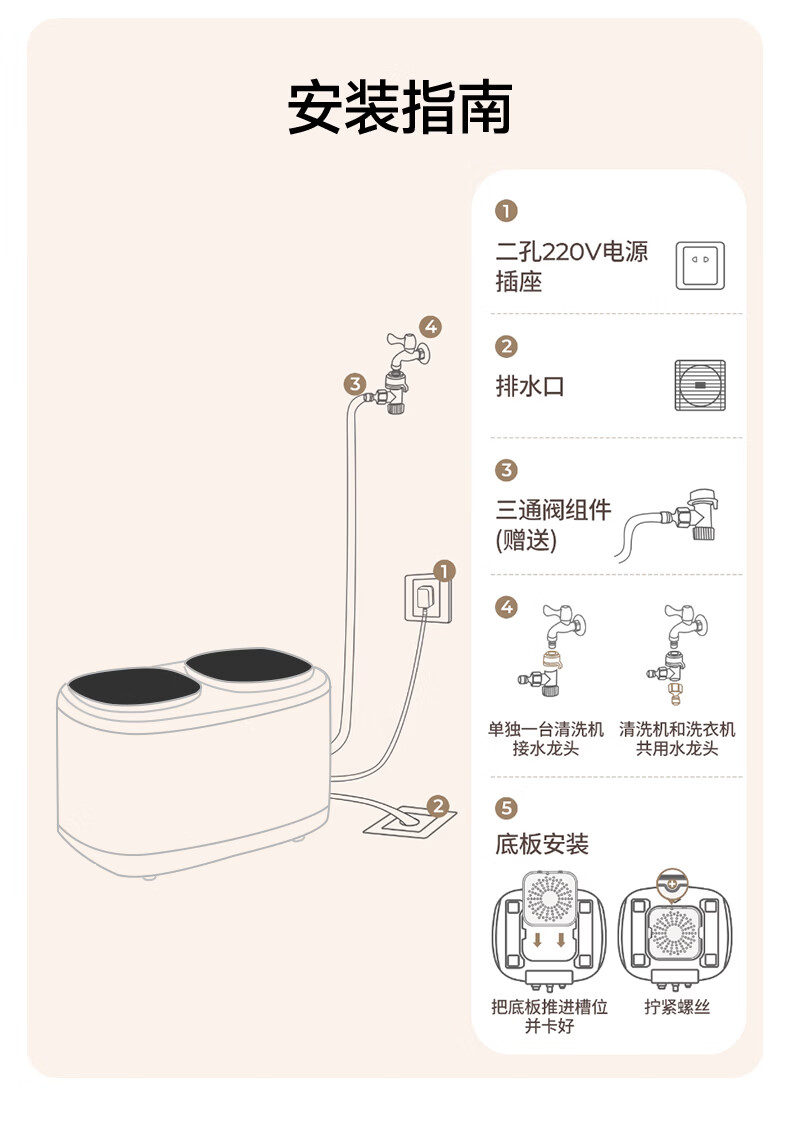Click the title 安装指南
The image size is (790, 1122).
point(400,108)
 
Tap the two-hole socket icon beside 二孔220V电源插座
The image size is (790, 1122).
point(700,265)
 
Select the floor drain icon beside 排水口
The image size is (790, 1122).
point(700,385)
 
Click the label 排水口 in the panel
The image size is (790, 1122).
point(530,386)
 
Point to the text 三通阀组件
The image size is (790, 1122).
point(553,510)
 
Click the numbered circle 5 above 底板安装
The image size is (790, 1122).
point(507,808)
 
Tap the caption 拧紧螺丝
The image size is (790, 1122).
point(677,1007)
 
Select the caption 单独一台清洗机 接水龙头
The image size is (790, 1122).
point(546,739)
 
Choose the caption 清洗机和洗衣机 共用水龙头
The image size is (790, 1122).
point(677,739)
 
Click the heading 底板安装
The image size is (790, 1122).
point(542,845)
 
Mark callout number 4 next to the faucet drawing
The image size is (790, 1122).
point(430,326)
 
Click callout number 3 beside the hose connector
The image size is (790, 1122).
point(354,384)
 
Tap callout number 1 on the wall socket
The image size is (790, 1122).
point(445,571)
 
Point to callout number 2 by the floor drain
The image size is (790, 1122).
point(437,805)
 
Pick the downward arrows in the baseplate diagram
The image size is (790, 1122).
point(548,940)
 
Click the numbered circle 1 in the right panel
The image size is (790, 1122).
point(507,212)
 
